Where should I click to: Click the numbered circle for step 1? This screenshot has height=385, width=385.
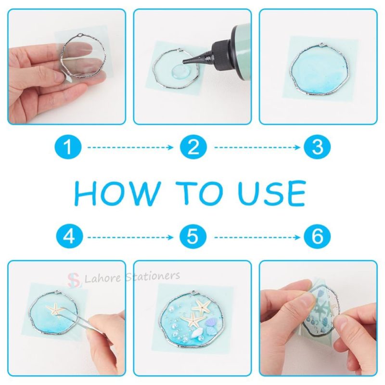point(68,147)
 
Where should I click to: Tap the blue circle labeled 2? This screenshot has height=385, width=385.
point(193,147)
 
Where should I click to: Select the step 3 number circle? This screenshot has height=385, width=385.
point(317,147)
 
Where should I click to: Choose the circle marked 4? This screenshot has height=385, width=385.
point(68,237)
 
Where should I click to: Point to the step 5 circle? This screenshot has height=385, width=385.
point(193,237)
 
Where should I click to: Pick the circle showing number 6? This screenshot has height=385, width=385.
point(317,237)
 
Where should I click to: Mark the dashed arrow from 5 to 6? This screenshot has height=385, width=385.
point(255,237)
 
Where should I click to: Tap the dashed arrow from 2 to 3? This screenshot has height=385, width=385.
point(255,147)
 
